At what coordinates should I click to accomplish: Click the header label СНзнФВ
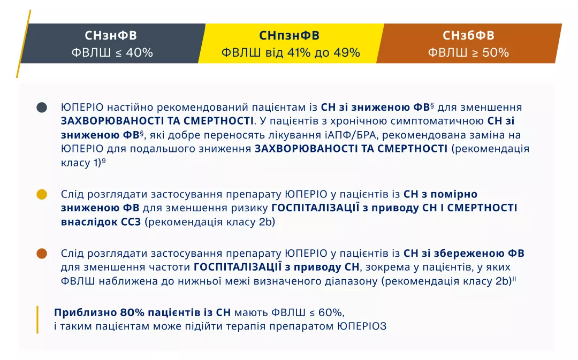(111, 36)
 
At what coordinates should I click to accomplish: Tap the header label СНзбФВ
(468, 36)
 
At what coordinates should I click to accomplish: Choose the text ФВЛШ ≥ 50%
(468, 53)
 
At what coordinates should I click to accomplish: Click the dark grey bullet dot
(42, 108)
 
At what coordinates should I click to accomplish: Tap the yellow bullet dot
(42, 194)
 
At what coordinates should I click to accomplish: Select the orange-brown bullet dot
(42, 253)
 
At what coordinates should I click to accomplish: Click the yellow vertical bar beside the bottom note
(37, 319)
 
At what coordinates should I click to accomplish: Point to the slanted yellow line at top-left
(24, 43)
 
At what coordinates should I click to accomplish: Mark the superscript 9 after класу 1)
(103, 161)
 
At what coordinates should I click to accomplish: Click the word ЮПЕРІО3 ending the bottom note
(361, 326)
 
